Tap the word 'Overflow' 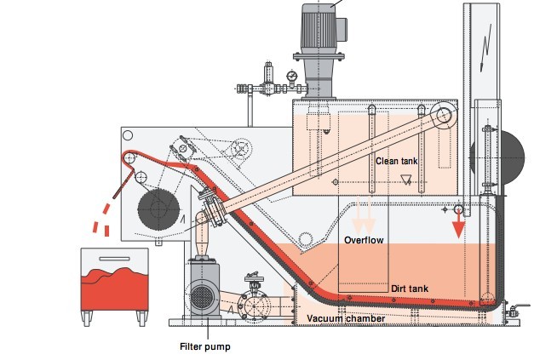pos(364,240)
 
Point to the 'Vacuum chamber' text pos(347,318)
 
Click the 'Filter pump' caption pos(204,346)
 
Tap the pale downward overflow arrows pos(364,219)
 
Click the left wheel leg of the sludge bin pos(88,319)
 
